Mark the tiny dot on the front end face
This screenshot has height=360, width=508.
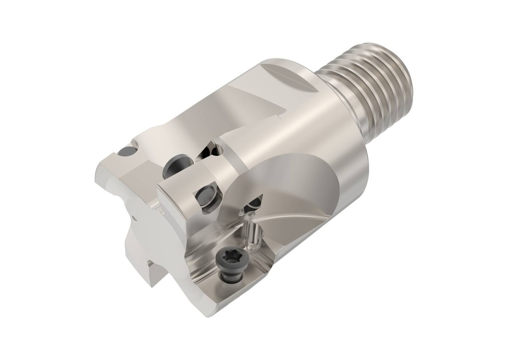click(134, 217)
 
